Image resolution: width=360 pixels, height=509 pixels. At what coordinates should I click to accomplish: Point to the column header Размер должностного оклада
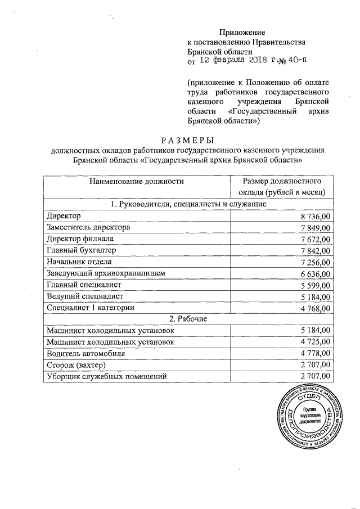282,187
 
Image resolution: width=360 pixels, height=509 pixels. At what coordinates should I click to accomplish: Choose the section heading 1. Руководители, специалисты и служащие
187,204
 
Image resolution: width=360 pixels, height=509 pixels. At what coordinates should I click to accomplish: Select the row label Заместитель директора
89,227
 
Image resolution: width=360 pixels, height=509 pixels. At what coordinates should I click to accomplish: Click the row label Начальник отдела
79,262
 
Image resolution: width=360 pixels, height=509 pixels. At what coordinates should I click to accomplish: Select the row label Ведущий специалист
85,296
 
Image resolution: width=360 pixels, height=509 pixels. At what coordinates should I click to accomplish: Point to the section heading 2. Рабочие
187,319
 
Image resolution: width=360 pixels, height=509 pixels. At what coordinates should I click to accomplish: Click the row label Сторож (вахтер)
76,365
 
